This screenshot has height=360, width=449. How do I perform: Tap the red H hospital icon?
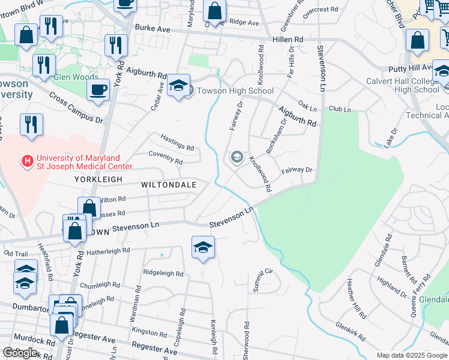[x=26, y=161]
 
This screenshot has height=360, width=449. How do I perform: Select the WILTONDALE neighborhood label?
[x=169, y=185]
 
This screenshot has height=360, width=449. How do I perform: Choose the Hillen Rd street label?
[x=291, y=39]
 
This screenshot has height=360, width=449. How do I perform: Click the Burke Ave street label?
[x=153, y=28]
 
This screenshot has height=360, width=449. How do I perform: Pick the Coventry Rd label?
[x=166, y=161]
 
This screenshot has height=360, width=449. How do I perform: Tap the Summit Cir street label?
[x=263, y=280]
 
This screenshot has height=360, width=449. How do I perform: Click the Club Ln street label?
[x=339, y=109]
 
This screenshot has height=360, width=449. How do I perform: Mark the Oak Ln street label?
[x=307, y=107]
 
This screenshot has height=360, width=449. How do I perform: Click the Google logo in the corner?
[x=20, y=352]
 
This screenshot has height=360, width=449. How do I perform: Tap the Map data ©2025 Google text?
[x=411, y=355]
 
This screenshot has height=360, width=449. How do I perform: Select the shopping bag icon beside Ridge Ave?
[x=214, y=10]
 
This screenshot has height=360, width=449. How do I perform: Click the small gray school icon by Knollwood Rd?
[x=237, y=158]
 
